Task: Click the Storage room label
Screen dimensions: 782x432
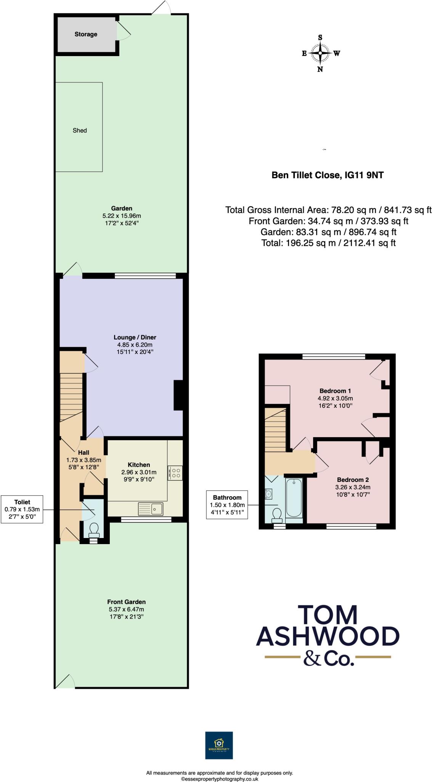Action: click(x=86, y=34)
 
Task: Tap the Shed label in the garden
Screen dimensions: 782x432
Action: click(x=80, y=131)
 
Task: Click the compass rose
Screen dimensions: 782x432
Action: click(x=320, y=53)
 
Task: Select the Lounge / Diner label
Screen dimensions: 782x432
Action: click(x=135, y=338)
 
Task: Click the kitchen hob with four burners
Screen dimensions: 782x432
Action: click(x=175, y=473)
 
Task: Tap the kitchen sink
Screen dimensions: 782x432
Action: click(x=151, y=509)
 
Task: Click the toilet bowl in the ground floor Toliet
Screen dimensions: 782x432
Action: click(x=93, y=529)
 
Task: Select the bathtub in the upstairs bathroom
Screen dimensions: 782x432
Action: click(x=294, y=498)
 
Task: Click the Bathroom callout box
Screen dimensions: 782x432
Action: click(x=227, y=505)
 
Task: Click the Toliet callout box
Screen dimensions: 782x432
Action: click(x=22, y=509)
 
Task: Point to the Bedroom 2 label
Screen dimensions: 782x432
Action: click(x=353, y=480)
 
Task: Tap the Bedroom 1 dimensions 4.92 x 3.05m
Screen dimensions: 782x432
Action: click(x=335, y=398)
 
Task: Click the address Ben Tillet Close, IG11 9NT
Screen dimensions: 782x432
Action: click(x=327, y=175)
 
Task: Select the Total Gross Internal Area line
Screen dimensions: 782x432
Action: click(x=328, y=210)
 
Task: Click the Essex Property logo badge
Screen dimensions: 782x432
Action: click(x=219, y=745)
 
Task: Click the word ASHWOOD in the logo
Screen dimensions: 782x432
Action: click(x=328, y=636)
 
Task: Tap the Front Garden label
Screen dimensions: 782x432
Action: click(x=126, y=602)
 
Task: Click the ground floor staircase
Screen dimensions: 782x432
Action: click(x=71, y=397)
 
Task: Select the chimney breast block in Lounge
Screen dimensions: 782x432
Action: click(x=178, y=395)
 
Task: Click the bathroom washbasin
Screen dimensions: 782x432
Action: click(x=269, y=494)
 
